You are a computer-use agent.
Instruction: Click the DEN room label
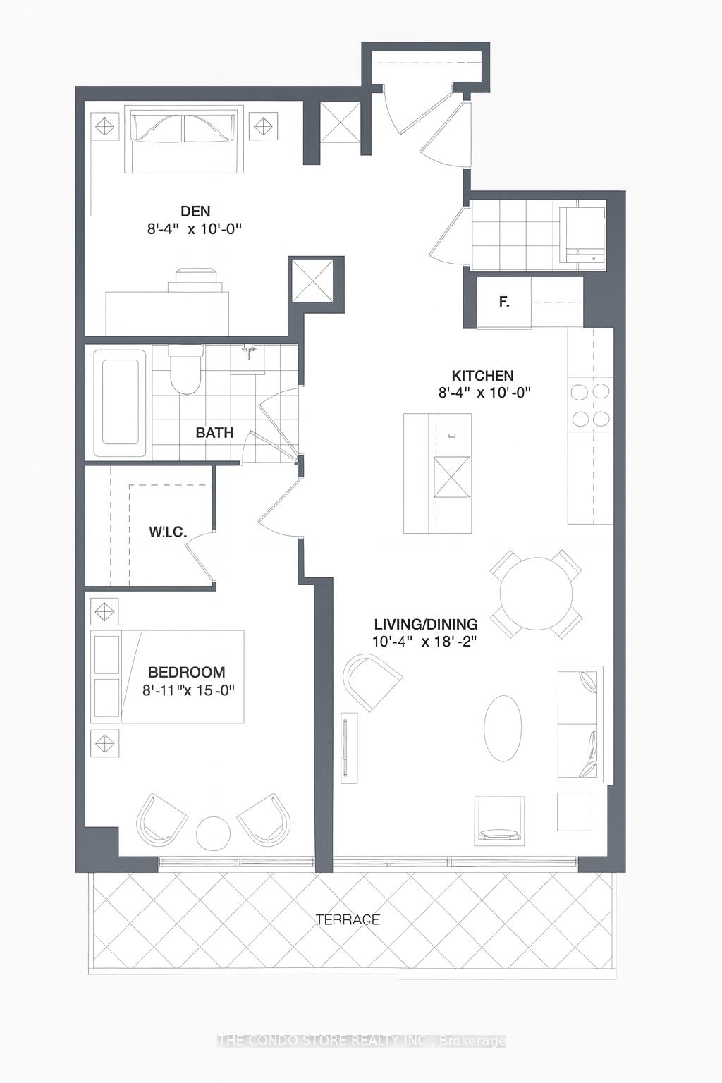click(195, 212)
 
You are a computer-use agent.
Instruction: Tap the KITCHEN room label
click(482, 376)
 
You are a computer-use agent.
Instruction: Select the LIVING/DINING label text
click(425, 624)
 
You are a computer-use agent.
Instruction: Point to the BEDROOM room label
click(187, 672)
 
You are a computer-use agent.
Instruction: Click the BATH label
click(215, 433)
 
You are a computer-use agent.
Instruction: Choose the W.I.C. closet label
click(168, 532)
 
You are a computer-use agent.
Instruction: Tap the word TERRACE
click(348, 919)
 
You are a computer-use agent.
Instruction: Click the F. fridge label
click(504, 302)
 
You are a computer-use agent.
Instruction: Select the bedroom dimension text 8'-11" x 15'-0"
click(188, 690)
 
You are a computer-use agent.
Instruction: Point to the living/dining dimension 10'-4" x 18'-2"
click(425, 642)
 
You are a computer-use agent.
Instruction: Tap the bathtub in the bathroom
click(119, 403)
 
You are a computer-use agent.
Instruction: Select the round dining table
click(536, 594)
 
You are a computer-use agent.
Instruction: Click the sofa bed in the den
click(184, 139)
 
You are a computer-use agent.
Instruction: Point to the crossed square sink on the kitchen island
click(452, 477)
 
